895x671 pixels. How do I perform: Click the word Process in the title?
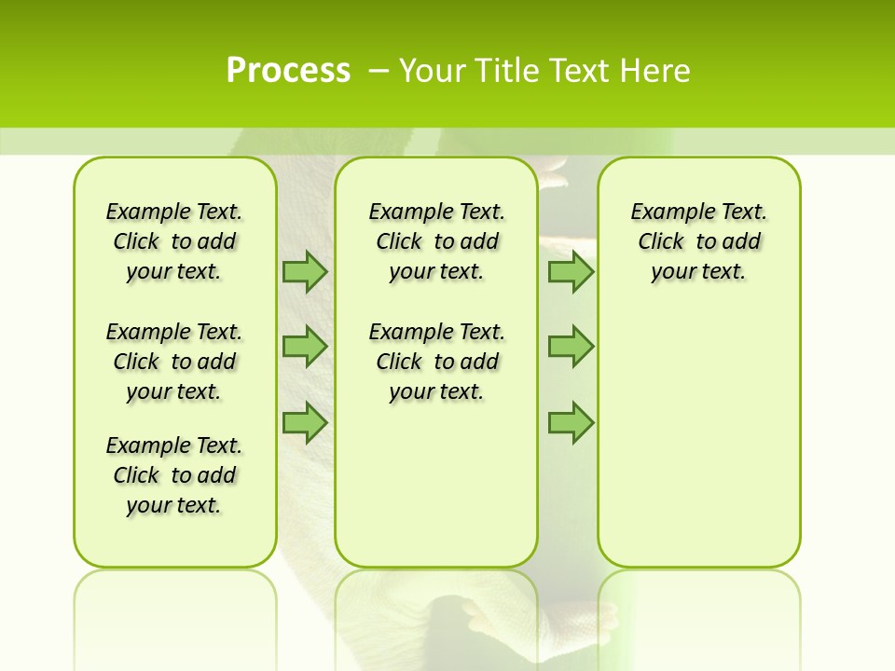[x=288, y=70]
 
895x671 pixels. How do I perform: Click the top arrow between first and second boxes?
[x=305, y=271]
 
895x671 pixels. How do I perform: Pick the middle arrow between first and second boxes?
[x=305, y=347]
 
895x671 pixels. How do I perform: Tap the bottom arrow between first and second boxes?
[x=305, y=422]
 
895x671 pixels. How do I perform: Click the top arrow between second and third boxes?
[x=571, y=271]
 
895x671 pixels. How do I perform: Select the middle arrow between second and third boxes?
[x=571, y=347]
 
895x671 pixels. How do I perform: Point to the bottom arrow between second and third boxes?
[x=571, y=422]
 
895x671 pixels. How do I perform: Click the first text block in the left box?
[x=174, y=241]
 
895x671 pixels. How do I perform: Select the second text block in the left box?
[x=174, y=362]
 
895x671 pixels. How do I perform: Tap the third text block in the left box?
[x=174, y=475]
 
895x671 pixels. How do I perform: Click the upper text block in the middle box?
[x=436, y=241]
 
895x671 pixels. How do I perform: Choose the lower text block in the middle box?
[x=436, y=362]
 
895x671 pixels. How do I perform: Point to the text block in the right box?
[x=699, y=241]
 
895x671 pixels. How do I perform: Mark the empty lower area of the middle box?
[x=436, y=485]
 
